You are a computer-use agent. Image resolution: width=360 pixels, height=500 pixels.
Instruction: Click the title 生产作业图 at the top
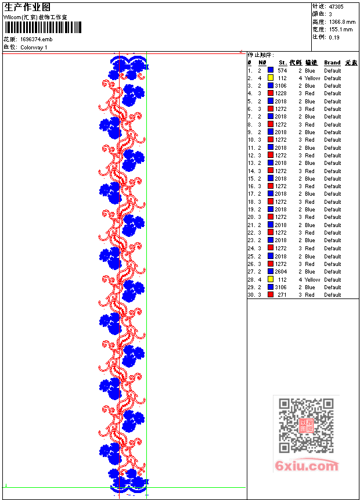27,7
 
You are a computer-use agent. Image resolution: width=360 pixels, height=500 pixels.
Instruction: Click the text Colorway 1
34,47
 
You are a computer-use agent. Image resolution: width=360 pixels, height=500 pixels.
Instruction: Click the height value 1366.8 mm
341,21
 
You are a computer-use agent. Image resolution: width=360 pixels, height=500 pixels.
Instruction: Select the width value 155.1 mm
341,29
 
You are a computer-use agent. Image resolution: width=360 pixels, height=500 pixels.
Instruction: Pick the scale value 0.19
334,37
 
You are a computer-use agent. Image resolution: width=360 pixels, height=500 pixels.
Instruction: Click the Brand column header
332,63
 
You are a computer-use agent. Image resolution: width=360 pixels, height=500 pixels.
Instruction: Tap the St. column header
282,63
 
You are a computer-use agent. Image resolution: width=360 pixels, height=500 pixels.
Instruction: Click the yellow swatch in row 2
271,78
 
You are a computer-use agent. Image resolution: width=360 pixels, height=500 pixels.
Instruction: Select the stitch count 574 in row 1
282,70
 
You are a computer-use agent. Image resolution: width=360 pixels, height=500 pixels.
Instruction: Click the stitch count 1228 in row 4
281,93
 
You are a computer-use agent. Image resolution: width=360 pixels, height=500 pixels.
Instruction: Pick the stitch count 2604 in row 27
281,272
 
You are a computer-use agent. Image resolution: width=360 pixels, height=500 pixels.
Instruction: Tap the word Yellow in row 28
312,279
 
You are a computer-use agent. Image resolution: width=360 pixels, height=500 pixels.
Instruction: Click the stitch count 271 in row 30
282,295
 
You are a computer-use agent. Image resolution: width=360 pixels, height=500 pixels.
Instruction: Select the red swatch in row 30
271,295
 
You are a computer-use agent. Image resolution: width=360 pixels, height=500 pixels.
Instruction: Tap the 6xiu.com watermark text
307,466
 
